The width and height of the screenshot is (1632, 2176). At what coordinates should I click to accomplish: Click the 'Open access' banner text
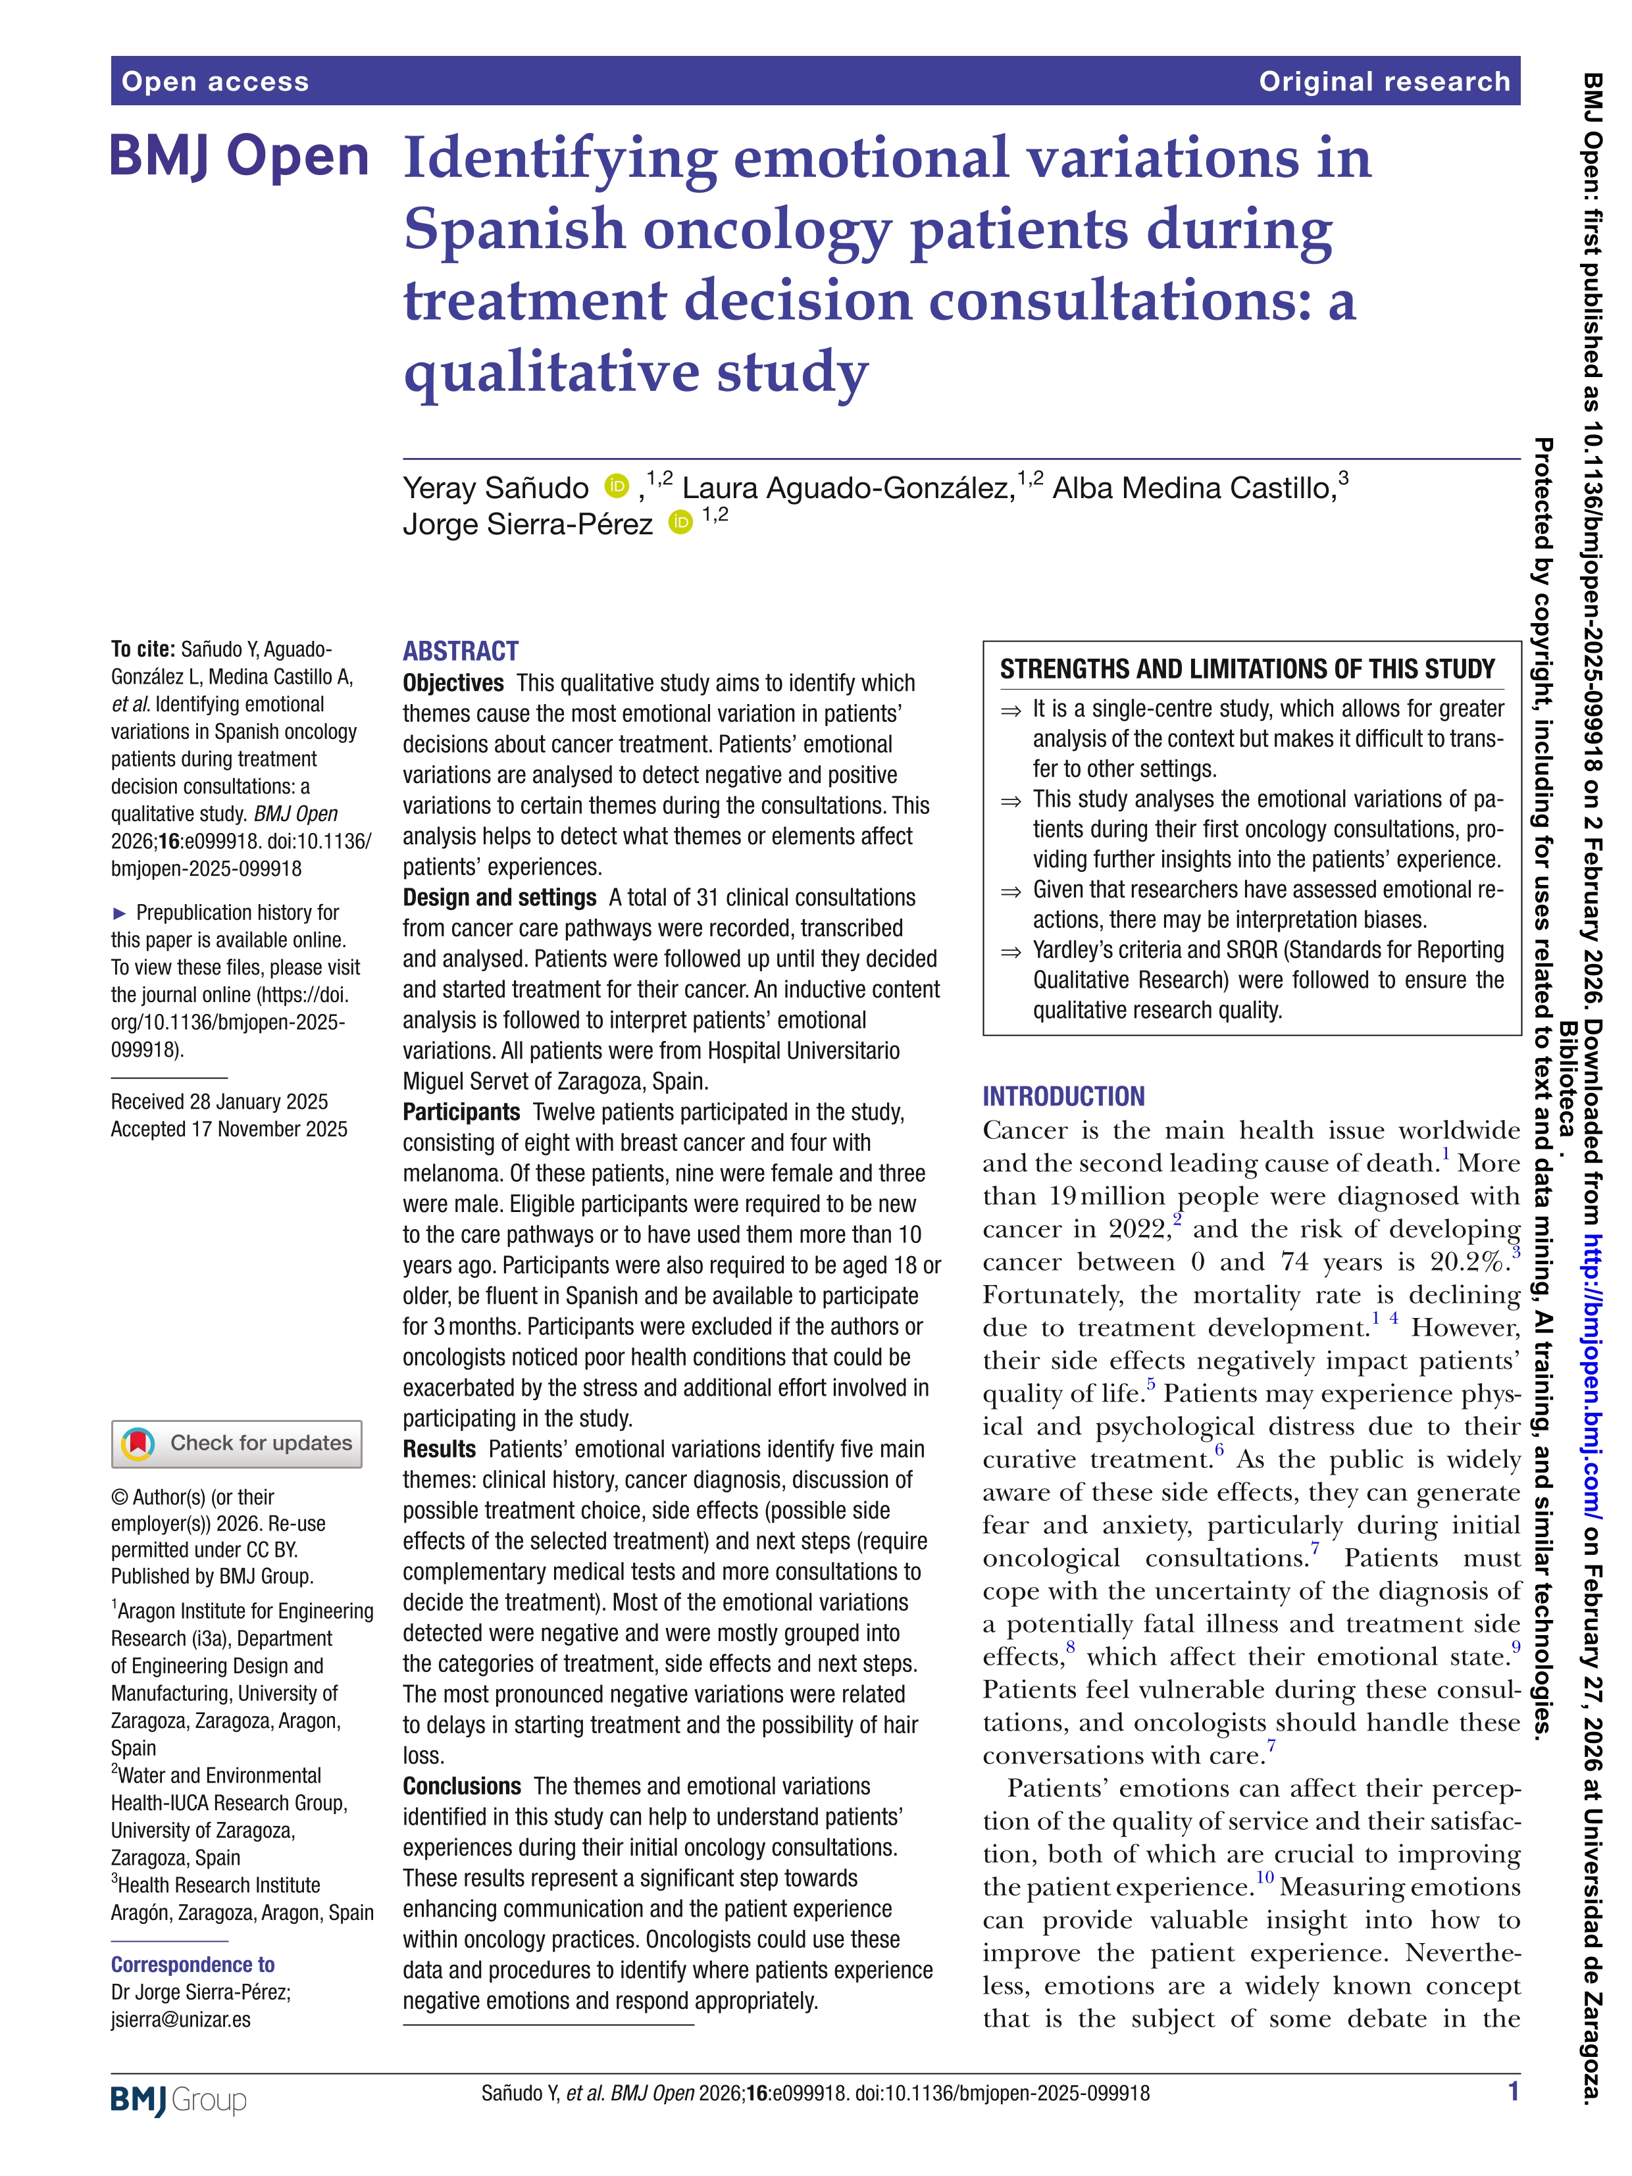215,82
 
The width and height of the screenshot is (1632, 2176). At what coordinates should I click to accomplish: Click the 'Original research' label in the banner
1383,82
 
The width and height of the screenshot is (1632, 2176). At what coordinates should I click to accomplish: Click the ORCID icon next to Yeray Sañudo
617,486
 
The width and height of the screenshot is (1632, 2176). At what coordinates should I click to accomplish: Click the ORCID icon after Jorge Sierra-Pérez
680,522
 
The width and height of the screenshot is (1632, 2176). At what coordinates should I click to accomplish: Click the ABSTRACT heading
461,651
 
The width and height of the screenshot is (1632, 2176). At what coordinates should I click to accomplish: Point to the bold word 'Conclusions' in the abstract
461,1785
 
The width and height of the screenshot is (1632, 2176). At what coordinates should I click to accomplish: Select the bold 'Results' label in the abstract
439,1449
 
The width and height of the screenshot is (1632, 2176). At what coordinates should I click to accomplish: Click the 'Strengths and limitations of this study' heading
1246,670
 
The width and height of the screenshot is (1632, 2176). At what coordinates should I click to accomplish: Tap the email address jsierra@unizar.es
181,2019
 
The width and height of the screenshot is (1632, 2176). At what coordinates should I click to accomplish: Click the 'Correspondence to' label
193,1965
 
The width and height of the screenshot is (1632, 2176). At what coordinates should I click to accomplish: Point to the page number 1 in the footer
1513,2091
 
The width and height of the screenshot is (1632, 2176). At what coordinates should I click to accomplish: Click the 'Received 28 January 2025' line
219,1101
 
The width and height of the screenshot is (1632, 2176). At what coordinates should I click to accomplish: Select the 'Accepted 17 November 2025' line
229,1129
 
